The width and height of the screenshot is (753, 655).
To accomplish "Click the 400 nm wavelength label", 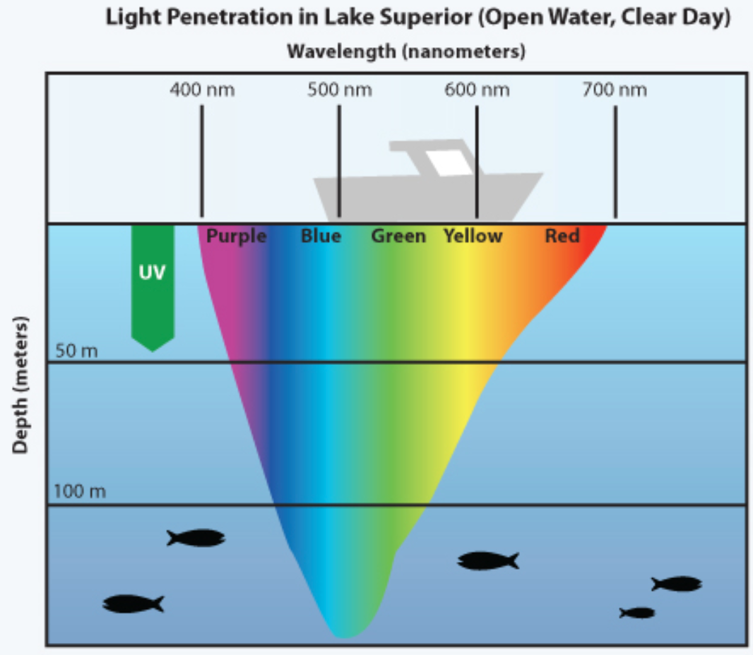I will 202,90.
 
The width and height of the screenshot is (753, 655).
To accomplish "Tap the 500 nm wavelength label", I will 339,90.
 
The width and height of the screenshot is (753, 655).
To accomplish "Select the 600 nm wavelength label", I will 477,90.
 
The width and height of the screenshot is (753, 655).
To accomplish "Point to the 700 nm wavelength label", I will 615,90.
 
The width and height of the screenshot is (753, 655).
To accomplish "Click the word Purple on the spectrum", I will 236,236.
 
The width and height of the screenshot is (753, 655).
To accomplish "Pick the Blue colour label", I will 321,236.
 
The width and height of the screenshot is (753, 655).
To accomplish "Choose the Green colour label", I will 398,236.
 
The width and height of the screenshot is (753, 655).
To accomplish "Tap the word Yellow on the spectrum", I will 473,236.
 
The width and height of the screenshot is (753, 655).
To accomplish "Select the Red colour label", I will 562,236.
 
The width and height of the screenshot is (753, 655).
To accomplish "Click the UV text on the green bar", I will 152,272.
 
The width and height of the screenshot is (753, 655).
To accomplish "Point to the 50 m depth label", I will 76,351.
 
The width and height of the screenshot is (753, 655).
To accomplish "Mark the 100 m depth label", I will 80,491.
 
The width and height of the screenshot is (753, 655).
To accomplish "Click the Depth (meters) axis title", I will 22,385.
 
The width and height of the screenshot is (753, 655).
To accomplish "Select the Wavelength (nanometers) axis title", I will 405,52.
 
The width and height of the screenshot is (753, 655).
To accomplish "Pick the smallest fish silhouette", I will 637,613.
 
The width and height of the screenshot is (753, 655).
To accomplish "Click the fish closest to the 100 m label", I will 196,538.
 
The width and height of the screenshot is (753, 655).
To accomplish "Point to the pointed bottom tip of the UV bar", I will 153,350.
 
